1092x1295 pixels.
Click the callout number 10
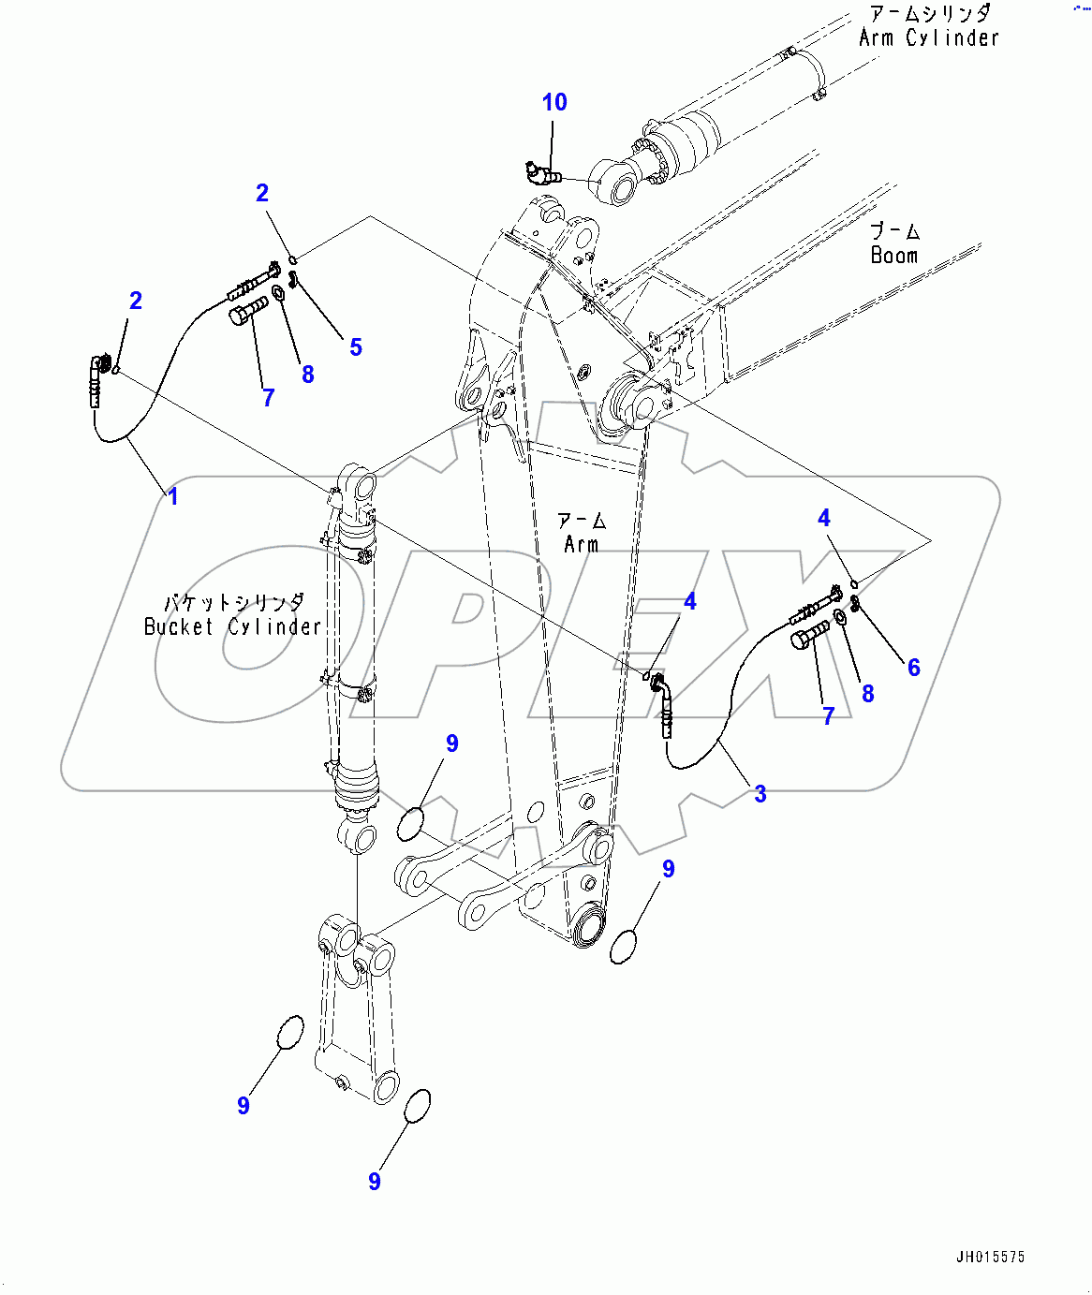[554, 102]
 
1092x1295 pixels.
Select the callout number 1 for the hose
[172, 495]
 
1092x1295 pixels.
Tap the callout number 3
[760, 794]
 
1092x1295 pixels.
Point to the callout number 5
[355, 347]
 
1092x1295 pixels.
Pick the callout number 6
[913, 668]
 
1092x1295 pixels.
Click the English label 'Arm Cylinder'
[929, 37]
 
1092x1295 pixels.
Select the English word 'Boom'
[893, 256]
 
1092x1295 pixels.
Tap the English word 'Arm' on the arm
[581, 544]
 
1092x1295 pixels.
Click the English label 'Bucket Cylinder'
[232, 626]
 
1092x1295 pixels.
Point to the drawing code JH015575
[990, 1257]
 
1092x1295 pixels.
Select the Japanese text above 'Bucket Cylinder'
[234, 602]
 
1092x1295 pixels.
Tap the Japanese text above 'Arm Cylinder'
[929, 13]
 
